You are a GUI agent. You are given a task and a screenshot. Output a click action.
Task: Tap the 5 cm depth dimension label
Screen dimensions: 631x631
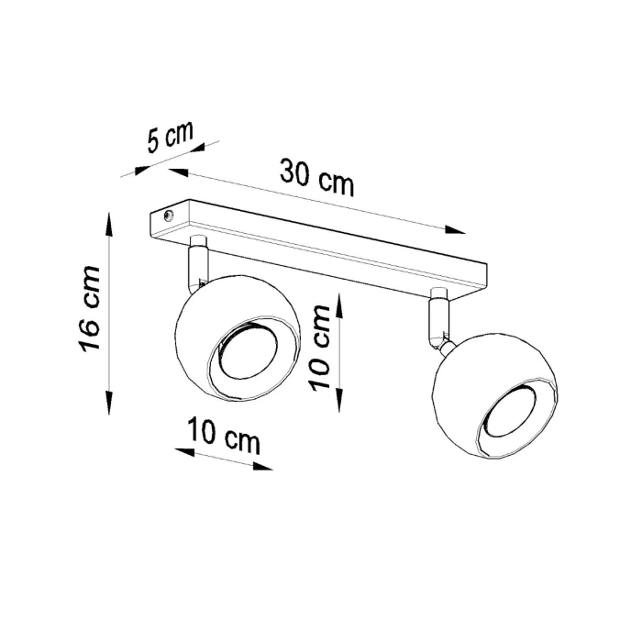171,138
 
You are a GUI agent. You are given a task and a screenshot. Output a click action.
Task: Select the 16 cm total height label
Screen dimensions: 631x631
88,310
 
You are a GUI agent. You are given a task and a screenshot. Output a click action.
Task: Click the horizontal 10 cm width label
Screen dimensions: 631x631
225,435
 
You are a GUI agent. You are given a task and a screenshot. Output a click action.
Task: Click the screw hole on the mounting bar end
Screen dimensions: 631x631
167,217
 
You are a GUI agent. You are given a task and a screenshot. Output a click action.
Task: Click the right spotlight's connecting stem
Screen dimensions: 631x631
438,317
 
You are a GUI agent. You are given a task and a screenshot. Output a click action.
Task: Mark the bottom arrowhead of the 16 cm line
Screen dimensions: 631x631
110,404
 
